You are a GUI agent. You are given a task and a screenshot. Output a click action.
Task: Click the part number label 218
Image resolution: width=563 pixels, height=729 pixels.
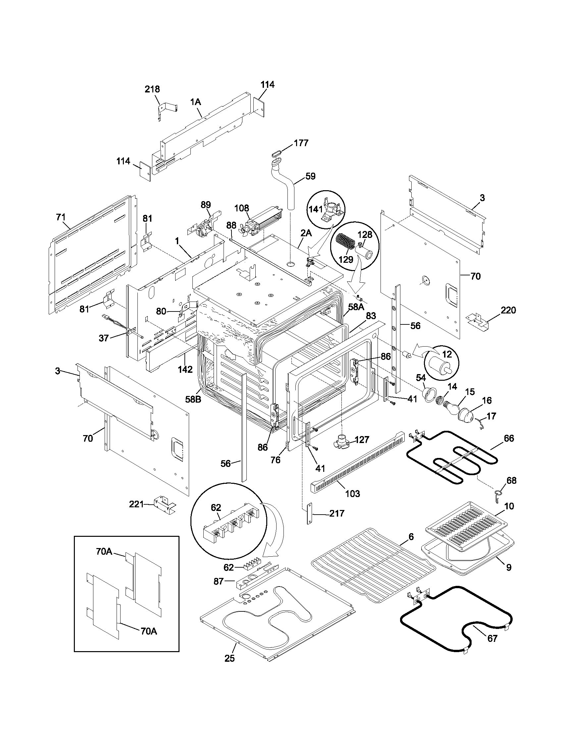[x=152, y=89]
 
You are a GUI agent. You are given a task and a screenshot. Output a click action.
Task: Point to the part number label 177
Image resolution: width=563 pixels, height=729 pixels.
[x=301, y=143]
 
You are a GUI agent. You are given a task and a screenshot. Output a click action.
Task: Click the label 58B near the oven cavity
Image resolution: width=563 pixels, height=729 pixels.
[x=193, y=399]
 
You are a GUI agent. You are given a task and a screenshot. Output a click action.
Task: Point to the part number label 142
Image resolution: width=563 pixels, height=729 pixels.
[x=185, y=369]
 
